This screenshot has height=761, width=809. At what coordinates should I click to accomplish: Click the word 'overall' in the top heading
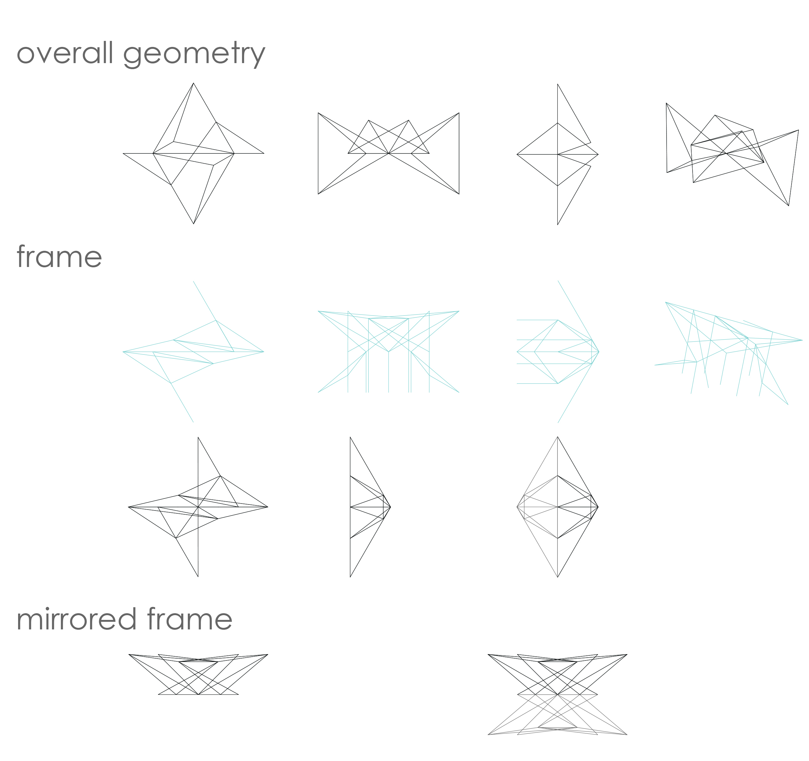[x=65, y=53]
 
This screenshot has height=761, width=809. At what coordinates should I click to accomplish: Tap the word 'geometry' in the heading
[x=194, y=55]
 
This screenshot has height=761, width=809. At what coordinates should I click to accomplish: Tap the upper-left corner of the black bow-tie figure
[x=318, y=113]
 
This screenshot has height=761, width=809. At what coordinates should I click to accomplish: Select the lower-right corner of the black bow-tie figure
[x=459, y=194]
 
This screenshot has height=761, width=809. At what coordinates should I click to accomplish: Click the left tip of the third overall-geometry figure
[x=517, y=154]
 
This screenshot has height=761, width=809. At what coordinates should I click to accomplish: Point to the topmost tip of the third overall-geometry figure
[x=557, y=85]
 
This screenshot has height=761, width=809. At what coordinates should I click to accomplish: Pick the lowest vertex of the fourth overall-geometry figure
[x=789, y=206]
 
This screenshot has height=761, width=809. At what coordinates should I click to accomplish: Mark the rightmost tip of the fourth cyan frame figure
[x=802, y=340]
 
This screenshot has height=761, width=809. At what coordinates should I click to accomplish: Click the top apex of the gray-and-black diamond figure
[x=557, y=437]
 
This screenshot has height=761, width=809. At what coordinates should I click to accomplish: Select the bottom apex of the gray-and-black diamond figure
[x=557, y=577]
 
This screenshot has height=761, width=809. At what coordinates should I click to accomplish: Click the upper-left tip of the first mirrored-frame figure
[x=129, y=654]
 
